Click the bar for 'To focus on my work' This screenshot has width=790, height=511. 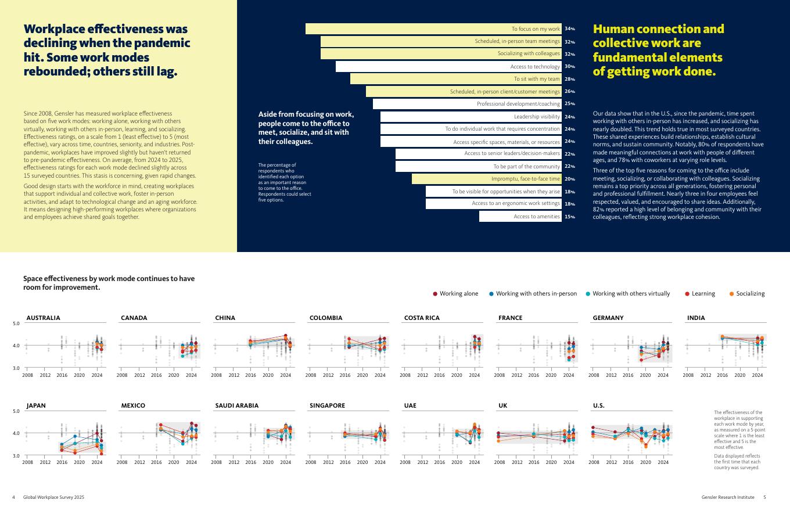(433, 29)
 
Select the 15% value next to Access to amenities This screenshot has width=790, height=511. (569, 217)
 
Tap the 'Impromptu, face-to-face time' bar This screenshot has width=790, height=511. (487, 179)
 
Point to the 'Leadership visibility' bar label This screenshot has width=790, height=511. (537, 117)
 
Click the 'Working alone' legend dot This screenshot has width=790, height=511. (435, 294)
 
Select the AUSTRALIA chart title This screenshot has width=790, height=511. (43, 318)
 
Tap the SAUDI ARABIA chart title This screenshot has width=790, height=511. (236, 406)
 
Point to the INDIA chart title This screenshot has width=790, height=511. (696, 318)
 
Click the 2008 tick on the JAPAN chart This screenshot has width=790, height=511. (27, 463)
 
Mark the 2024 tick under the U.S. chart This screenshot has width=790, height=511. (663, 463)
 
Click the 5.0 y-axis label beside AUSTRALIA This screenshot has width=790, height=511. (16, 323)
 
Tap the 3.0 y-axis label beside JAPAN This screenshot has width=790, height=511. (16, 456)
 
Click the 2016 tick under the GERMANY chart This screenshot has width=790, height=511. (628, 375)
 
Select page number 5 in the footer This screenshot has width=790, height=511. (764, 498)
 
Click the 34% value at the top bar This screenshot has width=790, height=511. (569, 29)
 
